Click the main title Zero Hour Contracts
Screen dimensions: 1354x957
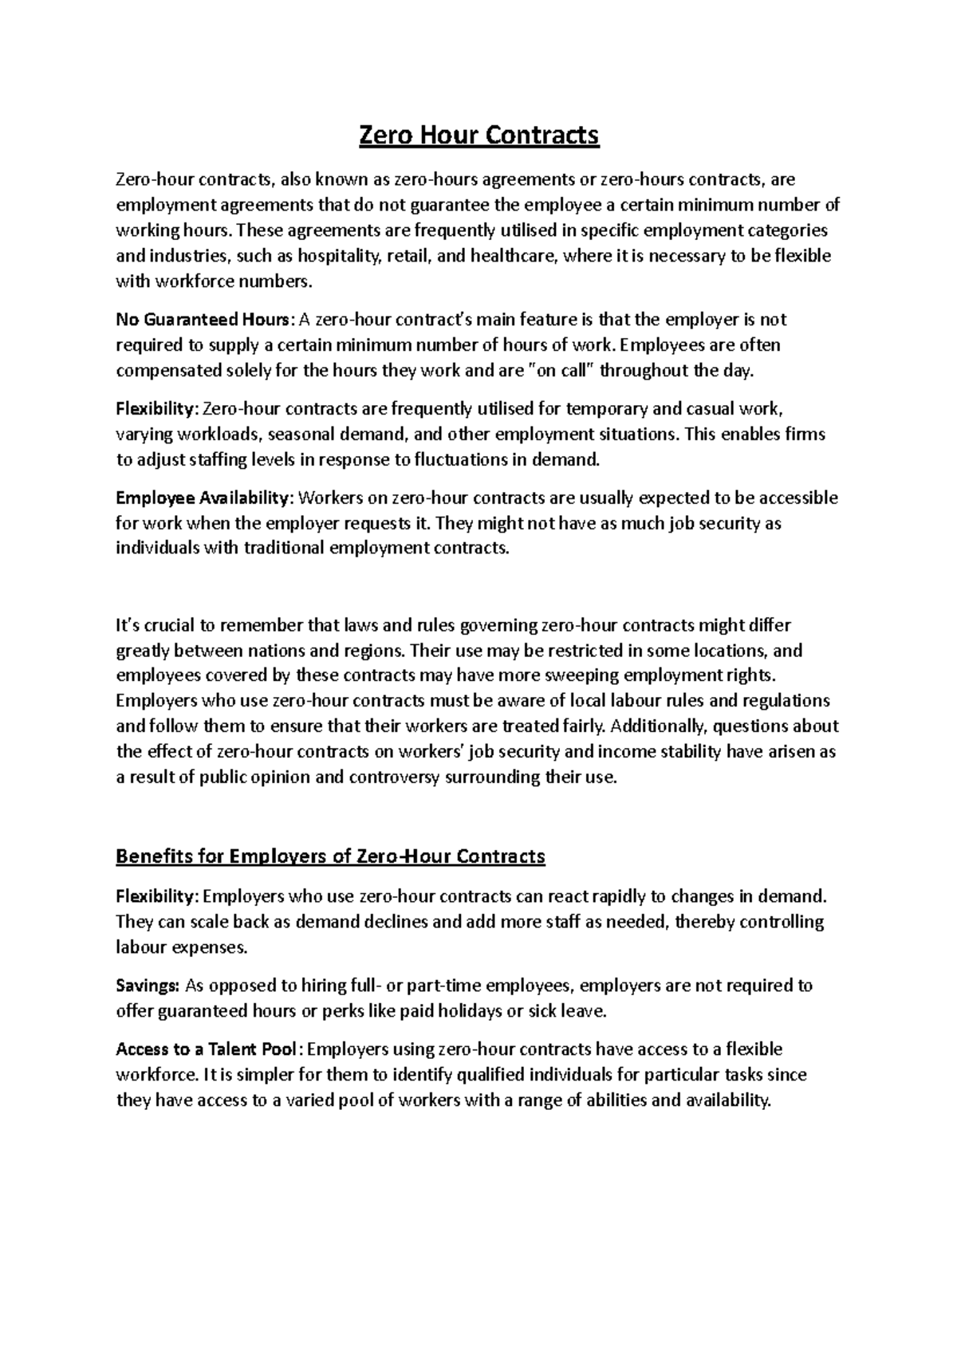click(x=478, y=136)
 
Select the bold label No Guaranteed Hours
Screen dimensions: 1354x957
click(x=204, y=320)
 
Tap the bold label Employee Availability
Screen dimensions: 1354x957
click(x=204, y=498)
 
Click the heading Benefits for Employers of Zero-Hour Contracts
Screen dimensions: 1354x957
click(x=330, y=856)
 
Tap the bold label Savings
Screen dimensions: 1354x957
click(x=148, y=986)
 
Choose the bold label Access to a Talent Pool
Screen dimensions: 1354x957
click(x=208, y=1049)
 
